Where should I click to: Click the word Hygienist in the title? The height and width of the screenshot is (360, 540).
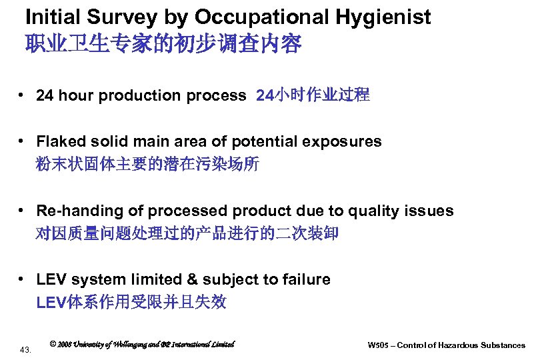tap(381, 17)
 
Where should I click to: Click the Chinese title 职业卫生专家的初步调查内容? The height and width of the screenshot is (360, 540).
tap(163, 45)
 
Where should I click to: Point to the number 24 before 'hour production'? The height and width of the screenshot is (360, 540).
tap(45, 95)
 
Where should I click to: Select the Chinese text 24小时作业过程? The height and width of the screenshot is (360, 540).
tap(313, 95)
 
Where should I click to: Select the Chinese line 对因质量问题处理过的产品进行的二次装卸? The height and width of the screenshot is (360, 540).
tap(187, 234)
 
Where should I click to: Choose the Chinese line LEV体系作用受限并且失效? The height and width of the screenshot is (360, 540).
tap(131, 303)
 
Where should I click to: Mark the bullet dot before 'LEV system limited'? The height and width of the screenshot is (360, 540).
tap(23, 280)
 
